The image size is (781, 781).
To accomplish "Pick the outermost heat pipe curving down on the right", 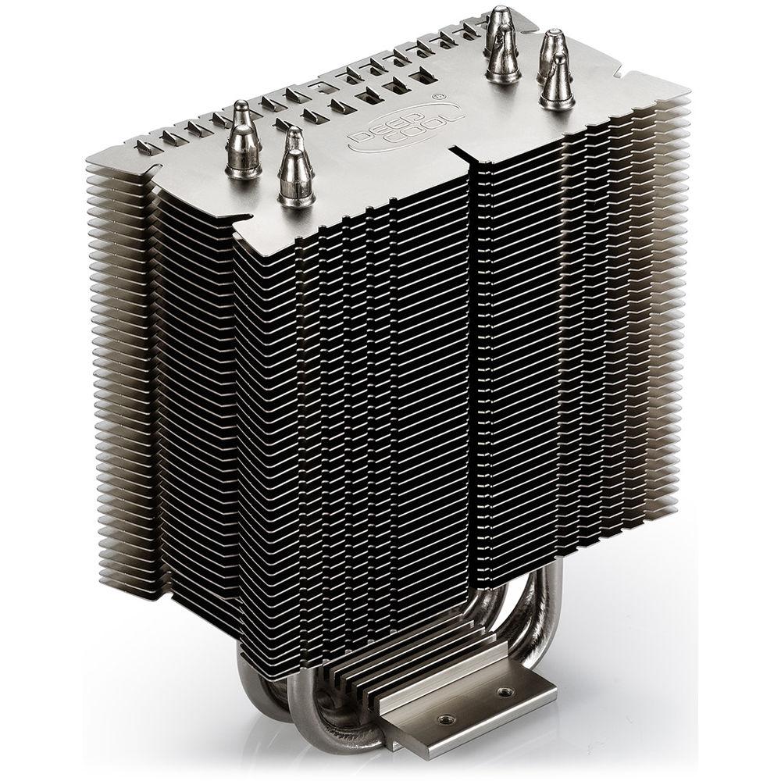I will pos(556,617).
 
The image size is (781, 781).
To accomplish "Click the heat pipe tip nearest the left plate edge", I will pos(243,141).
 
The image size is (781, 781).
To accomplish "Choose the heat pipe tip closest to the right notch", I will pos(557,82).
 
